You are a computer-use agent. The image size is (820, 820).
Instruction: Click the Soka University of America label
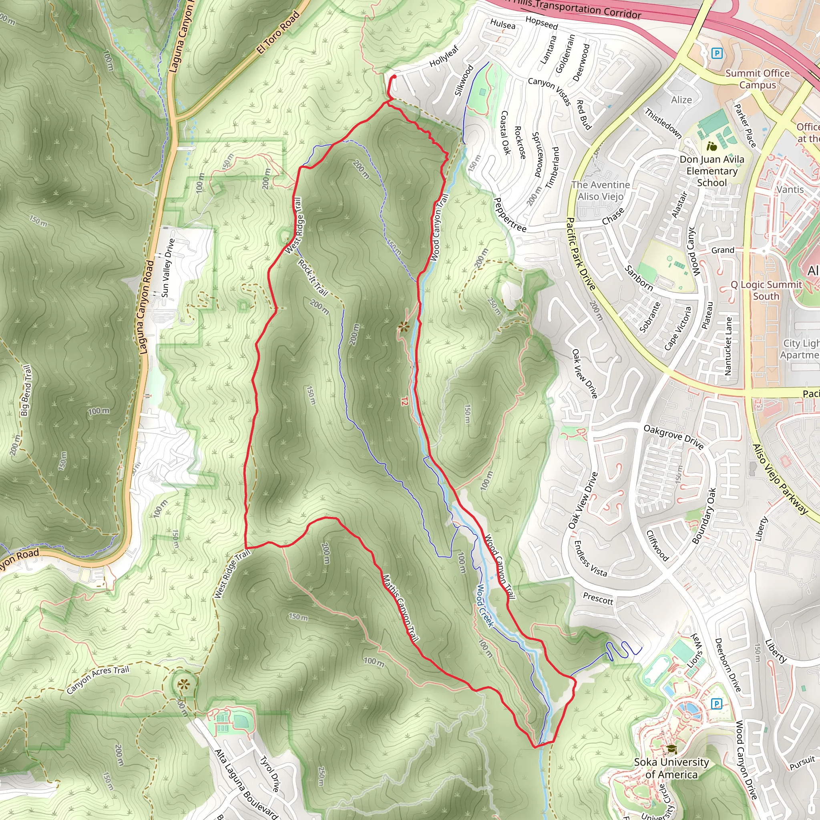[671, 768]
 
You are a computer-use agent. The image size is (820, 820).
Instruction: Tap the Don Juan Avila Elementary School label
[712, 171]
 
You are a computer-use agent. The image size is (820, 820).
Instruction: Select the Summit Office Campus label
[757, 79]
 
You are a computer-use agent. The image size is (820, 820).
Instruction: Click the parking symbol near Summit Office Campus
[717, 53]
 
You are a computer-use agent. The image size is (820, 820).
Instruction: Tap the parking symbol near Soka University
[716, 704]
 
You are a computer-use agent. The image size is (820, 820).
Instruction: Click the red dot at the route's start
[394, 77]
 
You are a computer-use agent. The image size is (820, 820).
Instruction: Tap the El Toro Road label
[278, 32]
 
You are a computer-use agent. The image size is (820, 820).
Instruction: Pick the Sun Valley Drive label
[168, 268]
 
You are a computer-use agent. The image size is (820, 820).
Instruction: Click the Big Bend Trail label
[26, 390]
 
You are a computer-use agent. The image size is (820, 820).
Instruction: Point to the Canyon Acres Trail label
[98, 680]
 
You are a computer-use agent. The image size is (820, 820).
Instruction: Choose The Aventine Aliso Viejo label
[600, 191]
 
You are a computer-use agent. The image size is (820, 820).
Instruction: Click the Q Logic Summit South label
[766, 290]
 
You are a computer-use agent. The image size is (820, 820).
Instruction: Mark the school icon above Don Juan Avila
[712, 147]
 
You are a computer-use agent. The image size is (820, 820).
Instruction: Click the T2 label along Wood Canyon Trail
[404, 401]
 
